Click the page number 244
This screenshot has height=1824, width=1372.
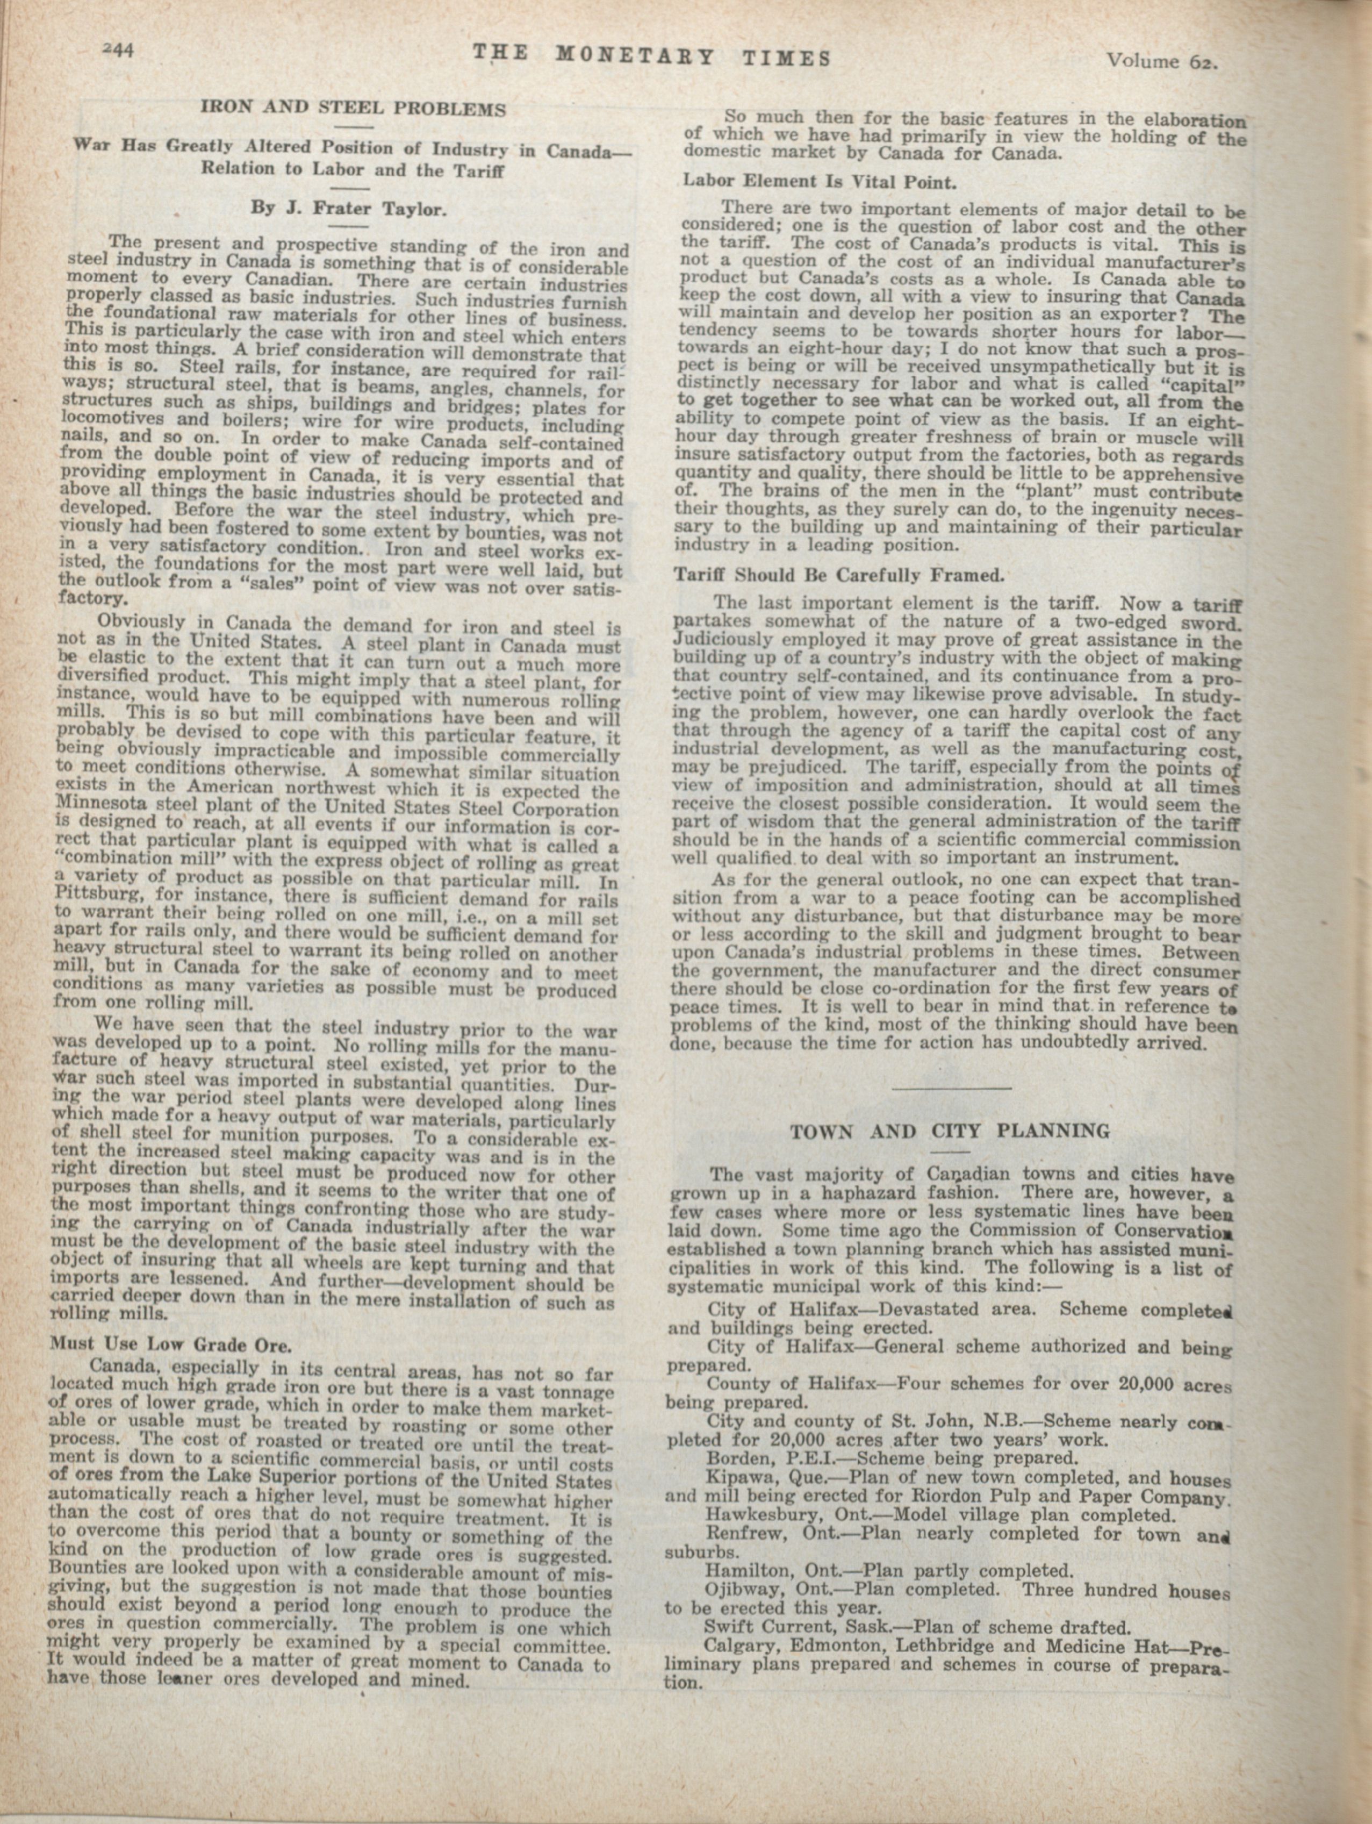click(118, 49)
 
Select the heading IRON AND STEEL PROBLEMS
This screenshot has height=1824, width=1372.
click(354, 108)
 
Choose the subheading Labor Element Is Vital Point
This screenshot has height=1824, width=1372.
click(820, 181)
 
